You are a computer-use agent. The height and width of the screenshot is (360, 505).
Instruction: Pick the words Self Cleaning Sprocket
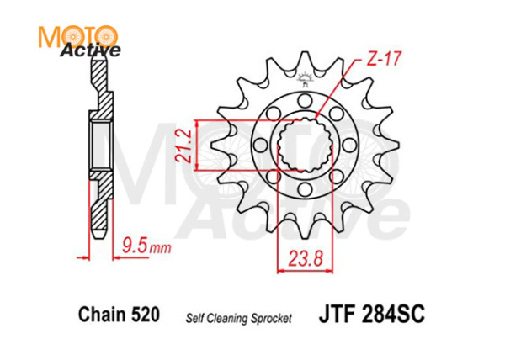pos(238,318)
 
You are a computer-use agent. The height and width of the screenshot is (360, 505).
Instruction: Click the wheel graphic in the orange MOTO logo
pos(104,35)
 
